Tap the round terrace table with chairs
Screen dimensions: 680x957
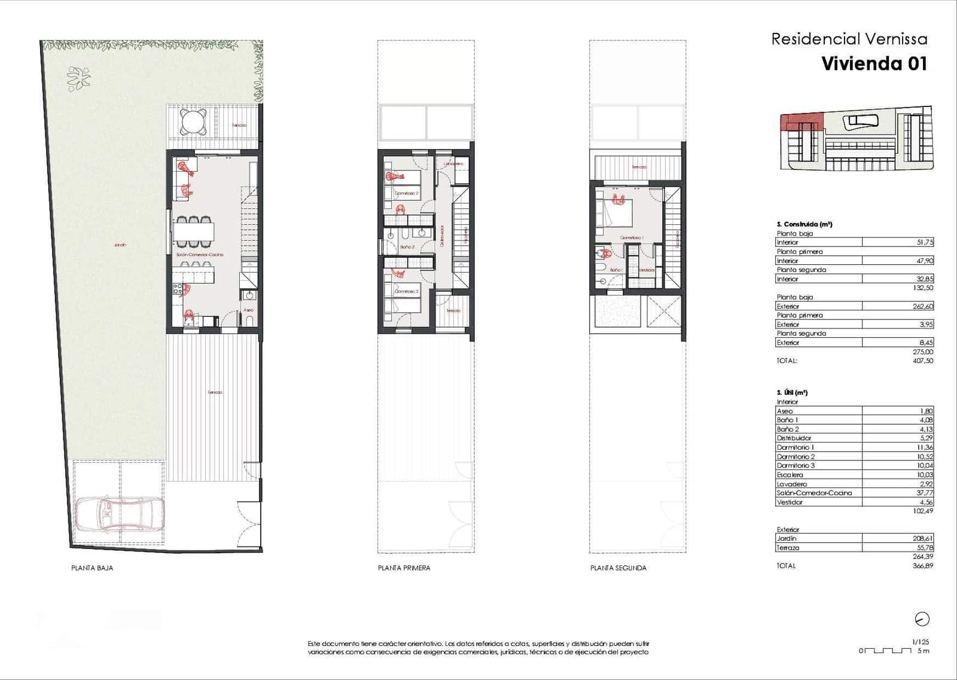pos(194,122)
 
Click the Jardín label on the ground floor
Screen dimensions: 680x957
pos(120,245)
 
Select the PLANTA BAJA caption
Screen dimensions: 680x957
pos(92,568)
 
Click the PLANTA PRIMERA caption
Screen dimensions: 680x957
pos(404,568)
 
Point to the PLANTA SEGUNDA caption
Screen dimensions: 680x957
pos(618,568)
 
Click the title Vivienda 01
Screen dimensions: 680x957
pos(874,64)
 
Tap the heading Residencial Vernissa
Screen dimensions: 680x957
pos(849,39)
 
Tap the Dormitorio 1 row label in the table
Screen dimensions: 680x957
pos(795,447)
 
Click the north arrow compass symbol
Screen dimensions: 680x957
pos(922,619)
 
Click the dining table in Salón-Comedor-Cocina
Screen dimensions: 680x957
pos(194,231)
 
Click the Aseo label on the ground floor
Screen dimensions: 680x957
pos(248,310)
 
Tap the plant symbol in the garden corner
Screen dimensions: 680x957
pos(78,78)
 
